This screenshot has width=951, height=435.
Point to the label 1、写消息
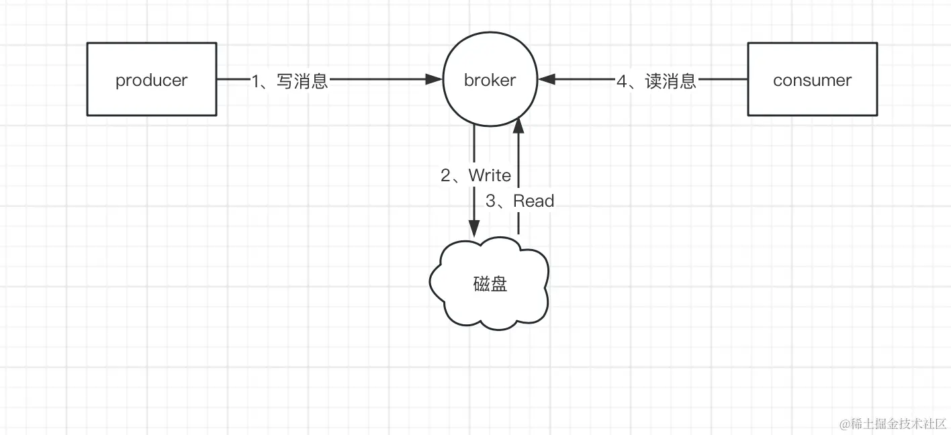click(x=289, y=81)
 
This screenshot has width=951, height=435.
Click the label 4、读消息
click(x=656, y=81)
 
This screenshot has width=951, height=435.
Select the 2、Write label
click(x=475, y=176)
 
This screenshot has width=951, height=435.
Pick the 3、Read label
click(x=520, y=201)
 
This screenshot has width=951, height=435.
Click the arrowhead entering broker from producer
click(x=435, y=79)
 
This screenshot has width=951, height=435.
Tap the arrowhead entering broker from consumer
click(x=546, y=79)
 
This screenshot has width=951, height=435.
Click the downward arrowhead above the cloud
click(x=474, y=228)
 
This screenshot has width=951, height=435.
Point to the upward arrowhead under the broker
click(x=518, y=125)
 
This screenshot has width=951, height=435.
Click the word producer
click(x=152, y=80)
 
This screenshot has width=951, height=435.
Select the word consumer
click(x=812, y=80)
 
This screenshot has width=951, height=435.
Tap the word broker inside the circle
click(x=490, y=80)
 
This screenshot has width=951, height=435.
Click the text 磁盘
click(x=490, y=284)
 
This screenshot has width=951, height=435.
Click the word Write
click(x=490, y=176)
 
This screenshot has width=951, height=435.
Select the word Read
click(x=534, y=201)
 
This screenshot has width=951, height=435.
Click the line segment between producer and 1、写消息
click(x=232, y=79)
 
